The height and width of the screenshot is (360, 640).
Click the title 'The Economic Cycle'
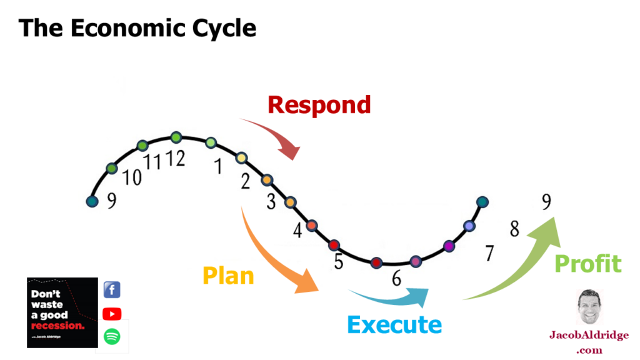(x=137, y=29)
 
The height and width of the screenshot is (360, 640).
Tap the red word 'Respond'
(x=319, y=104)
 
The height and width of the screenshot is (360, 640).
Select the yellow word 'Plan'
(x=228, y=275)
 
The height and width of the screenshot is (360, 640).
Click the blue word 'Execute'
(x=394, y=325)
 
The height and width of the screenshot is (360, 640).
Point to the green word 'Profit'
(x=588, y=264)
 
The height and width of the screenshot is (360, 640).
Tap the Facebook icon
(x=112, y=290)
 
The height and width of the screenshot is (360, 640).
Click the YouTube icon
(x=112, y=314)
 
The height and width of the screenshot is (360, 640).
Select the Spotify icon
(x=112, y=337)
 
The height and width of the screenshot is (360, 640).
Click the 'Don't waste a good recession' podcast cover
(x=62, y=312)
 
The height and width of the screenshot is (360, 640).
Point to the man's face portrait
(x=589, y=307)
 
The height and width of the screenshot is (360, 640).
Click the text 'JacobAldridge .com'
(x=589, y=342)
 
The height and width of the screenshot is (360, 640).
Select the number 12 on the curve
(x=176, y=159)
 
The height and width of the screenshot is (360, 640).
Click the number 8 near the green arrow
(x=514, y=229)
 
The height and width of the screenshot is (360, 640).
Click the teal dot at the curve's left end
(x=92, y=201)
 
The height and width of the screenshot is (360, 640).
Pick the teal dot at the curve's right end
(x=482, y=202)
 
